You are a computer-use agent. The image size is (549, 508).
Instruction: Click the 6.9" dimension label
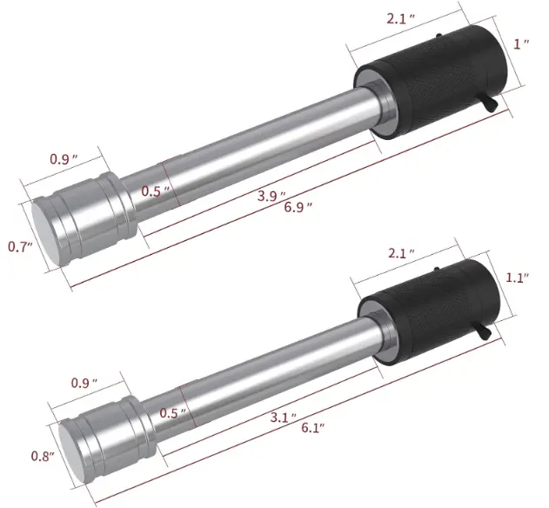coord(298,208)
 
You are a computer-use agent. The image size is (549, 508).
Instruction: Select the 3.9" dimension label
coord(271,196)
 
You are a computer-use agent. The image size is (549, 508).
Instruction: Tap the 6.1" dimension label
coord(313,427)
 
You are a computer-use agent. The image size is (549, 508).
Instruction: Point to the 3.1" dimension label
coord(284,417)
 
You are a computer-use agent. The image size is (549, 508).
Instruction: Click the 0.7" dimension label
coord(20,247)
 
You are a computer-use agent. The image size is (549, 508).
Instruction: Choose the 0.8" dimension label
coord(43,456)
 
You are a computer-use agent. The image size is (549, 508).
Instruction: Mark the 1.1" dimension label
coord(517,277)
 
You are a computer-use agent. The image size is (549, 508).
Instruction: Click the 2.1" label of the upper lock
coord(400,18)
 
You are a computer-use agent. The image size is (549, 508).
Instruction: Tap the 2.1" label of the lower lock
coord(402,252)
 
